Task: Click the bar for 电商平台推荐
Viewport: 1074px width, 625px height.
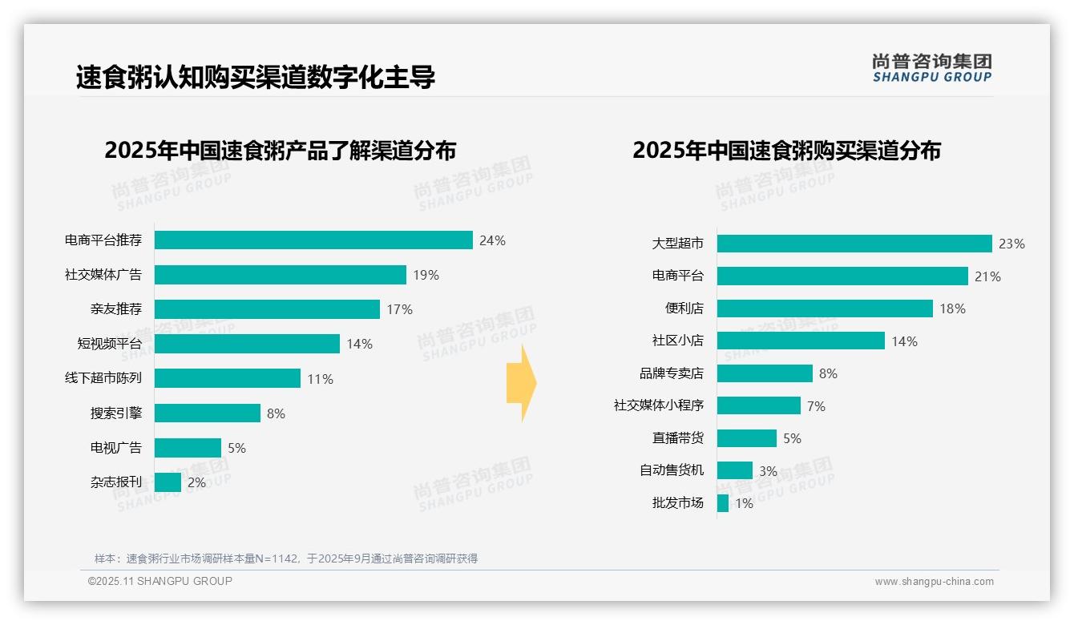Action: pos(313,240)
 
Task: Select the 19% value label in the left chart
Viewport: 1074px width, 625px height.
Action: pos(426,275)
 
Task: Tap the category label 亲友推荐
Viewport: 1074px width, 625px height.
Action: pos(116,309)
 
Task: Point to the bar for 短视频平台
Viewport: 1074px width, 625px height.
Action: pos(247,344)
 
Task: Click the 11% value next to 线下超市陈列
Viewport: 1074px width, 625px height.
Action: pos(320,379)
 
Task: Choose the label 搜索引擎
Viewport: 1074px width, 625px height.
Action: pos(116,413)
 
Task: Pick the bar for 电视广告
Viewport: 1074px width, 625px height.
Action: pos(188,448)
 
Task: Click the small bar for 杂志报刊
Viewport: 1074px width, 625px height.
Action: pos(168,482)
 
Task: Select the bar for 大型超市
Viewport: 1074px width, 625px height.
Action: pos(854,244)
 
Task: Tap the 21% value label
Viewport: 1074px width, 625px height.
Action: pos(987,276)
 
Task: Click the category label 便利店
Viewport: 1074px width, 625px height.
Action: pos(684,308)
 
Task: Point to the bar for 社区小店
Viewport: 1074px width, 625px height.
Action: pos(801,341)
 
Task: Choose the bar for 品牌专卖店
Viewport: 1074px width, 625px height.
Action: pos(765,373)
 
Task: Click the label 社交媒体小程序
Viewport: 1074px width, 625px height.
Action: pos(658,405)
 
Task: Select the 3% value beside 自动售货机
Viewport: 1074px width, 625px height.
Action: pos(768,471)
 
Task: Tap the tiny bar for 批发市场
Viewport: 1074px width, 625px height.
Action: pos(723,503)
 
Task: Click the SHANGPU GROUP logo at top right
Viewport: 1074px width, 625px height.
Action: pos(931,67)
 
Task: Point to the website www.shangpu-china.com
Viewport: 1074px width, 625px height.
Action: pos(934,582)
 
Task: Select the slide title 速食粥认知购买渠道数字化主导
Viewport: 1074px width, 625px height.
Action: pos(256,78)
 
